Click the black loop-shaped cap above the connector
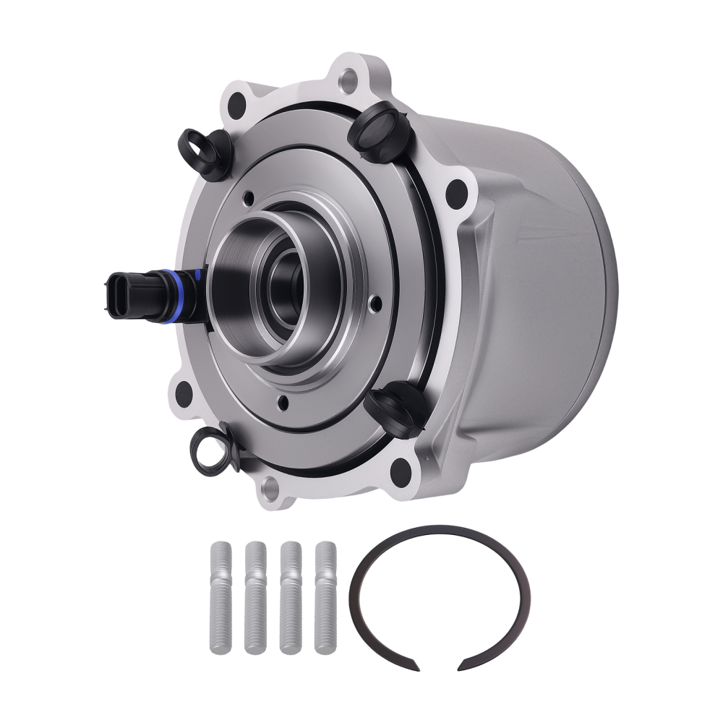click(x=206, y=153)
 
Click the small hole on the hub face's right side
click(x=373, y=304)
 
